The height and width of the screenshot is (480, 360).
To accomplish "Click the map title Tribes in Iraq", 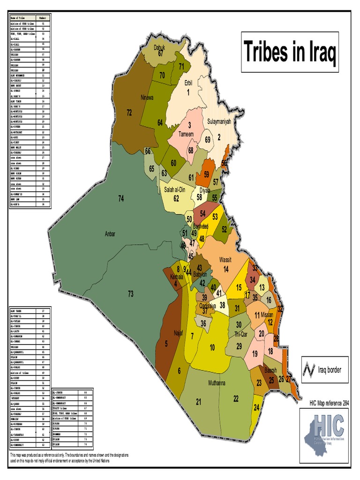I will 290,52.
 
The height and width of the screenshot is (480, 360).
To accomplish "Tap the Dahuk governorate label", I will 161,48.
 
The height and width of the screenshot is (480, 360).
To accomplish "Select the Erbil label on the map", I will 188,83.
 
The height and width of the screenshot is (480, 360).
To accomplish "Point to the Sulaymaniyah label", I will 219,121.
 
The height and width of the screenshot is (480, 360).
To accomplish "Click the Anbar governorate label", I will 110,234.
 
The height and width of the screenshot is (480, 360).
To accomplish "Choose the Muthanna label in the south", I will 217,383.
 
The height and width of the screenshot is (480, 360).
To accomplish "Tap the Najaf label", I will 178,333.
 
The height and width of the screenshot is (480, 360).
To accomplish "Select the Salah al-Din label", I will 176,190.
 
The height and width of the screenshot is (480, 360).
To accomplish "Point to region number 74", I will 120,199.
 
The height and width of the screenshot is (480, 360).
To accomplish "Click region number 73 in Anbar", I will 131,294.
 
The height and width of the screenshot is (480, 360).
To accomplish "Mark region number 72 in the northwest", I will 129,113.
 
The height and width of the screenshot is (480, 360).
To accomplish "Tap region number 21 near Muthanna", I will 199,402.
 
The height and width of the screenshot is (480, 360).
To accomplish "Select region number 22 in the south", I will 236,398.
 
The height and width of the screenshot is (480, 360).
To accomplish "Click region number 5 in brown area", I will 166,344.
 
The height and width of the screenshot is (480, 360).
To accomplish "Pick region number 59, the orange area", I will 206,174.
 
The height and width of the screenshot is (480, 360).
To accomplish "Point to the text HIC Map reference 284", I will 329,403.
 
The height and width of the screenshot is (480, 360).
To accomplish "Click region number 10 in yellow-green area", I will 212,347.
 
